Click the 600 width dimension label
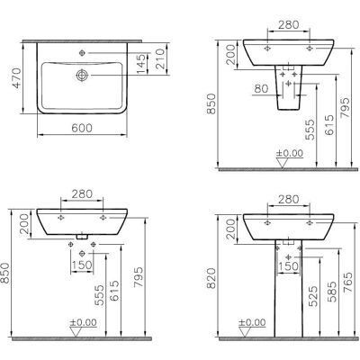pos(82,128)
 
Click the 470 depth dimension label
pos(17,78)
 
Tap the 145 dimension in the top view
pos(141,63)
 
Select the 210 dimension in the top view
pos(160,58)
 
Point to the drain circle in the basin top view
pos(82,75)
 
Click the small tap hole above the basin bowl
pos(82,53)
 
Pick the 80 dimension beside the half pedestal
pos(261,88)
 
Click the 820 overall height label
pos(211,278)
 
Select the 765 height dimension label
pos(348,282)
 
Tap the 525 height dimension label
pos(313,296)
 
